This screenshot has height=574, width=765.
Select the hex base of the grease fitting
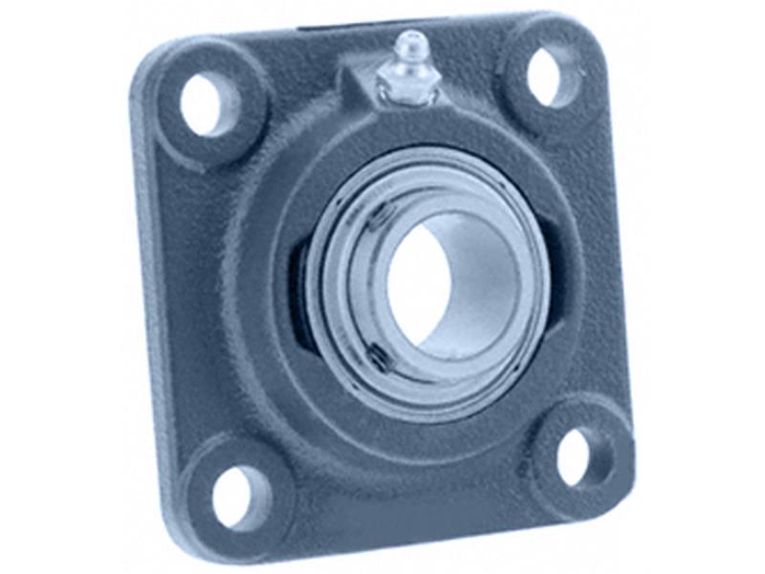[x=407, y=82]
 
